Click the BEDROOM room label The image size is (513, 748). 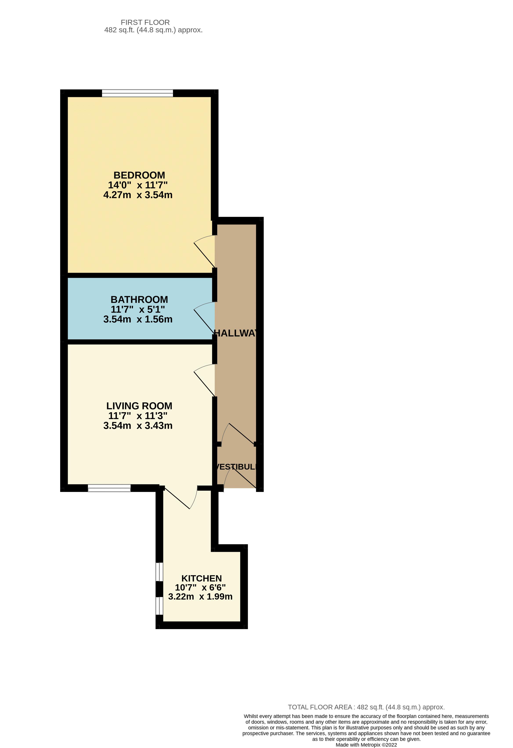coord(139,175)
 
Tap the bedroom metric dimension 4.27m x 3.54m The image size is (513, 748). coord(138,195)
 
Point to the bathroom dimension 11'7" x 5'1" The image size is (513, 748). coord(138,309)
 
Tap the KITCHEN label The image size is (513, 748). coord(201,578)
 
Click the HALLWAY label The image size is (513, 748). coord(235,333)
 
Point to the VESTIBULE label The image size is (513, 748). coord(236,467)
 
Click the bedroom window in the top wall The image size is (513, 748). coord(137,93)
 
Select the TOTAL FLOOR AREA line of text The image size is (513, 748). coord(366,707)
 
